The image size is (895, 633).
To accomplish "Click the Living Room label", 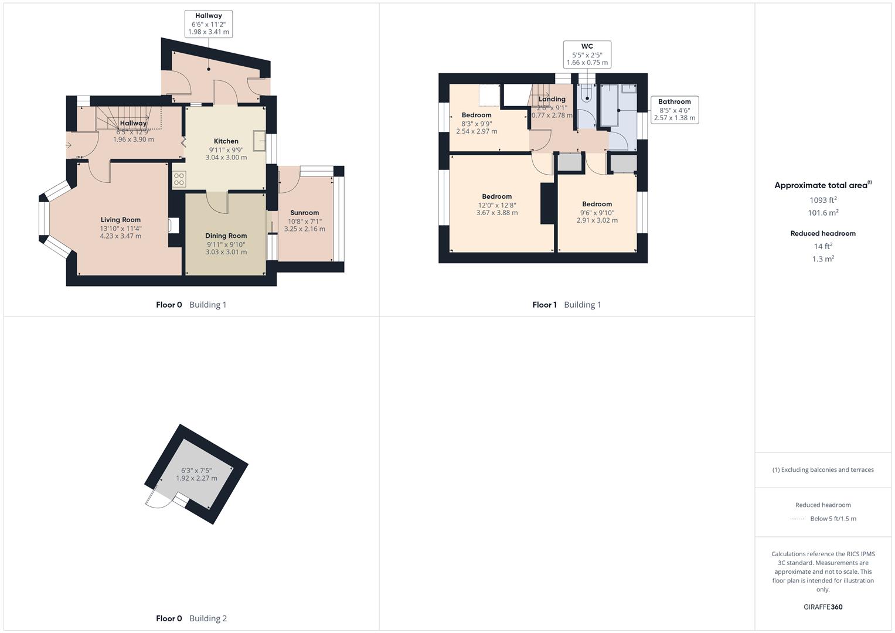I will pos(121,220).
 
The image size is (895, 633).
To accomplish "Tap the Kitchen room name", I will pos(226,141).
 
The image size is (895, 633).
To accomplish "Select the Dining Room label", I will pos(226,236).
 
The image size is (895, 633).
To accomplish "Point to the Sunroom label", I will pos(305,213).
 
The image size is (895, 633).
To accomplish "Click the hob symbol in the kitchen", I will pos(179,179).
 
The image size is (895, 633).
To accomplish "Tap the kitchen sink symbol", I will pos(259,141).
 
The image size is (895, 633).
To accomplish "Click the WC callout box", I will pos(587,55).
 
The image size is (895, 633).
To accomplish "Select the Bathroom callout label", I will pos(675,110).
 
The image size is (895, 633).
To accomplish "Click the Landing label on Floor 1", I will pos(552,100).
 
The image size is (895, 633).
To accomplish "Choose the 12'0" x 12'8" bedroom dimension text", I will pos(497,205).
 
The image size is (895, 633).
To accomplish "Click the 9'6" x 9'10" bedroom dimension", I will pos(597,213).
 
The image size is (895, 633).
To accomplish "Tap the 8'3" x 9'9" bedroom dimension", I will pos(477,124).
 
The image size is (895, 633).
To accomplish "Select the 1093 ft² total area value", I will pos(823,200).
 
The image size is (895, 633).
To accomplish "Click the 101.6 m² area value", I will pos(823,213).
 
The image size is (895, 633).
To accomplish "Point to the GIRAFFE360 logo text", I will pos(823,607).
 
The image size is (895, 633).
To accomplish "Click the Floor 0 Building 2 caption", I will pos(191,618).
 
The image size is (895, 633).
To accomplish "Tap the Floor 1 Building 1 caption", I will pos(566,305).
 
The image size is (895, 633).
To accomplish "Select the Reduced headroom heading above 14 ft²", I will pos(823,233).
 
